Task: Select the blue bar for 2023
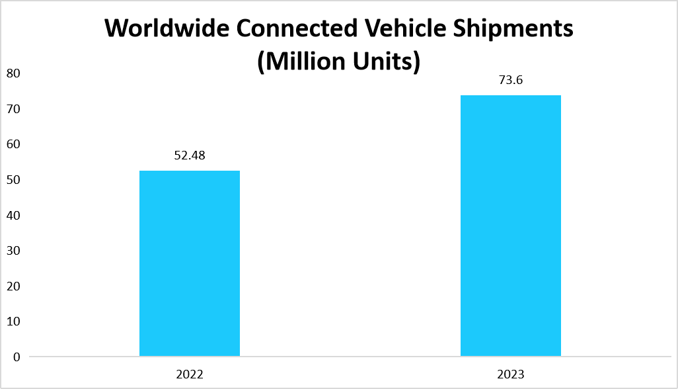pos(510,226)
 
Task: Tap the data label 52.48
pos(190,156)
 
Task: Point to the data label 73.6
pos(510,81)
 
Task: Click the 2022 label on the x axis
pos(190,374)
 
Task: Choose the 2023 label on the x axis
pos(510,374)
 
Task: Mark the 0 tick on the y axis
pos(17,357)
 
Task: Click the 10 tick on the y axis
pos(14,322)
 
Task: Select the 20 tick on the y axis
pos(14,286)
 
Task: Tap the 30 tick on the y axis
pos(14,251)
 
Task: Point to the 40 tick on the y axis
pos(14,215)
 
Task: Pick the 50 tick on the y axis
pos(14,179)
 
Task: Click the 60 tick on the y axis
pos(14,144)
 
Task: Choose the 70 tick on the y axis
pos(14,108)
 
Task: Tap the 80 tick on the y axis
pos(14,73)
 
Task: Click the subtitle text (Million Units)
pos(338,62)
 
